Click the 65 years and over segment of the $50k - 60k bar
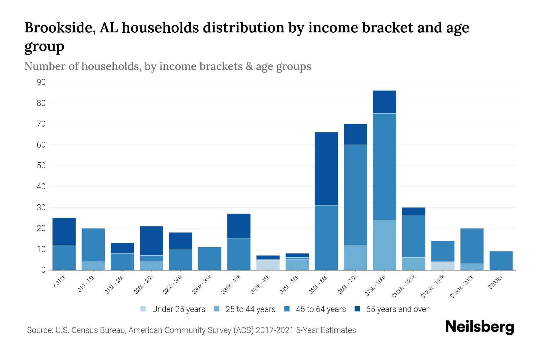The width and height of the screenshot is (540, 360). (326, 169)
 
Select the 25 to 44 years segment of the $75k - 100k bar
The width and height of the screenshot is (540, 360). (384, 245)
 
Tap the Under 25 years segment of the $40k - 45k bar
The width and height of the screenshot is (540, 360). (268, 265)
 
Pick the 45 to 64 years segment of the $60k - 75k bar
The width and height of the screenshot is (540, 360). (355, 195)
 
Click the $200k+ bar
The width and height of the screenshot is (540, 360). (501, 260)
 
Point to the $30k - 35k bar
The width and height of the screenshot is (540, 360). (210, 258)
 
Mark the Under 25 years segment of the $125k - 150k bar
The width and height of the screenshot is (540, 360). (442, 266)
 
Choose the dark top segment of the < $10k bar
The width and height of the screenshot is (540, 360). (64, 231)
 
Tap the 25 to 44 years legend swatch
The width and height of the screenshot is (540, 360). (217, 309)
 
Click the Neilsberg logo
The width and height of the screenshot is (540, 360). (479, 327)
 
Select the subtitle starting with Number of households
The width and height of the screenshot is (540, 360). (167, 66)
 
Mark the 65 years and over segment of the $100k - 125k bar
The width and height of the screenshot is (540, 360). (413, 211)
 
